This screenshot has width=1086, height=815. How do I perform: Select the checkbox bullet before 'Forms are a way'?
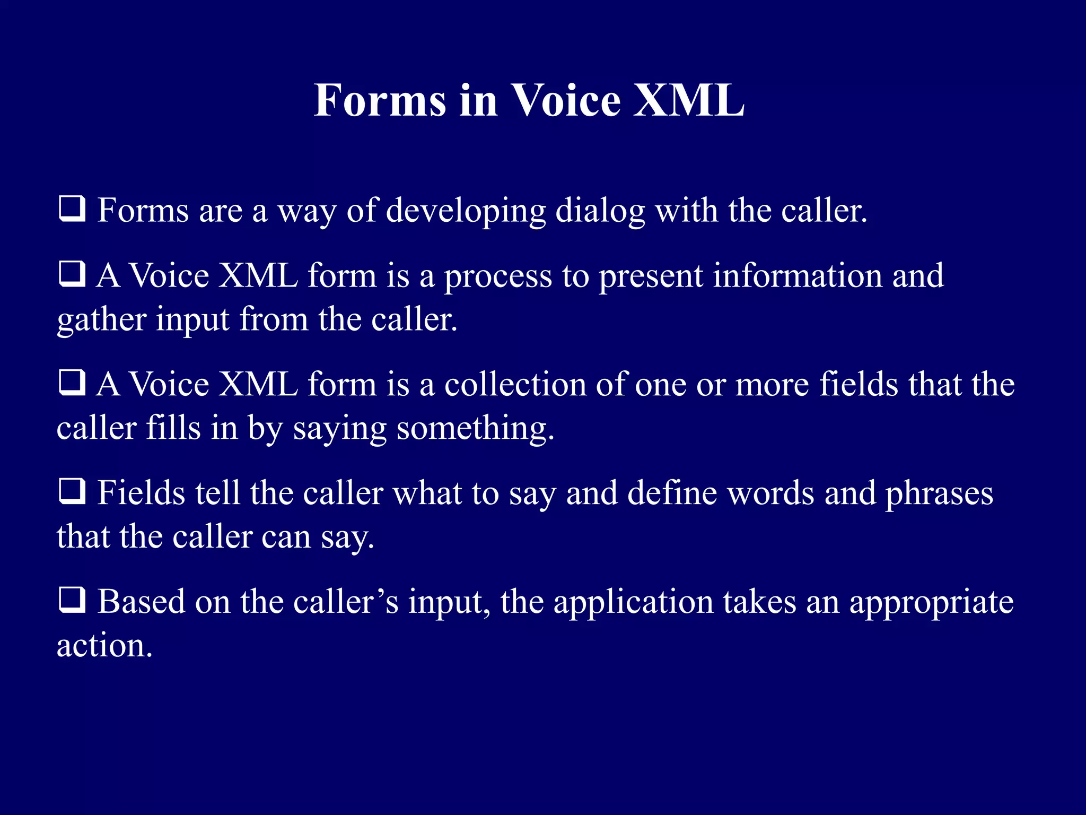pyautogui.click(x=72, y=209)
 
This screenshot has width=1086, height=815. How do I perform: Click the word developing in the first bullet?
pyautogui.click(x=466, y=211)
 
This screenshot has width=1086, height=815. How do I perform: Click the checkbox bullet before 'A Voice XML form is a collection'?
pyautogui.click(x=72, y=383)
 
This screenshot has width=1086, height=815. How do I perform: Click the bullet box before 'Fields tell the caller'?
pyautogui.click(x=72, y=491)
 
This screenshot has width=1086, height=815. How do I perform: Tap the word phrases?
pyautogui.click(x=939, y=493)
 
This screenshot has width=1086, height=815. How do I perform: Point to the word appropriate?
pyautogui.click(x=931, y=603)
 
